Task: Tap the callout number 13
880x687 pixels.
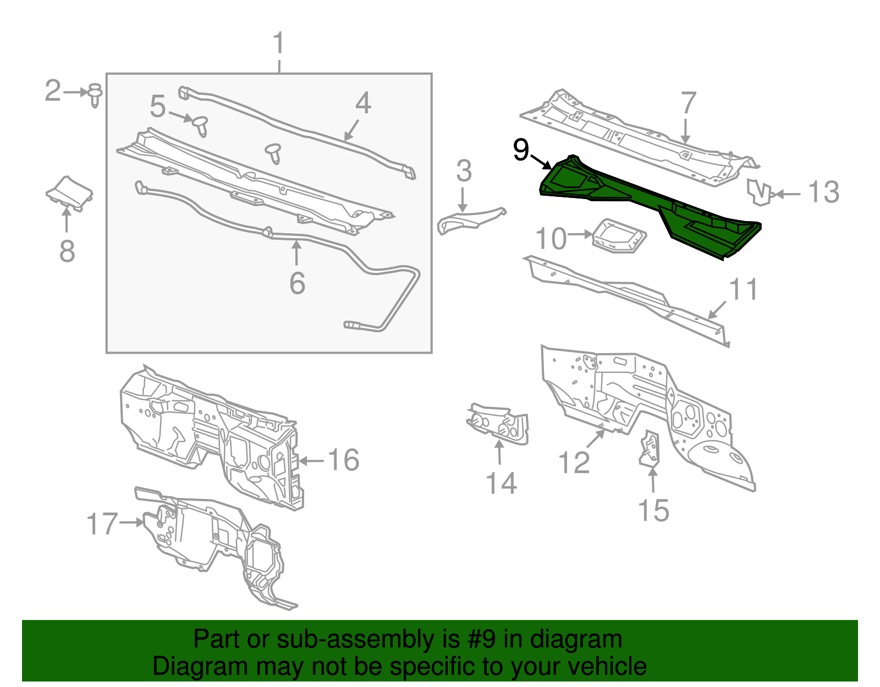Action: [823, 193]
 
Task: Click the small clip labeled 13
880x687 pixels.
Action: [758, 191]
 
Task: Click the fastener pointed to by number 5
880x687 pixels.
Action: [201, 125]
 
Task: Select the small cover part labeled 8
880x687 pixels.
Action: [69, 193]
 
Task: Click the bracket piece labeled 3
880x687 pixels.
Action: [468, 219]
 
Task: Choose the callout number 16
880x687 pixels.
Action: [344, 460]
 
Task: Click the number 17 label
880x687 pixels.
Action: [102, 524]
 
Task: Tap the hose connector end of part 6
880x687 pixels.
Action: [353, 325]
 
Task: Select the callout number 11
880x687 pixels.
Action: [743, 289]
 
